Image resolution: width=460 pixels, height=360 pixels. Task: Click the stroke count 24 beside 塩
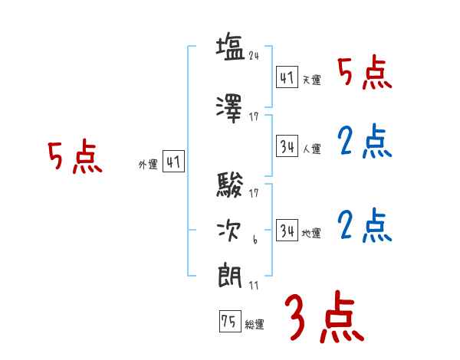[255, 56]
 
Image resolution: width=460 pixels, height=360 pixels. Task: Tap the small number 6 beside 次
[255, 241]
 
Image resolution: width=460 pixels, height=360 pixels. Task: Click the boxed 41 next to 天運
[287, 78]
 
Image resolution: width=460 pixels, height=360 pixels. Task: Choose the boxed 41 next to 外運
[173, 162]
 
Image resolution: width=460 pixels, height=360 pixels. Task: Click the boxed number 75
[228, 322]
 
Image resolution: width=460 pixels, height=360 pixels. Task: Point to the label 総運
[255, 325]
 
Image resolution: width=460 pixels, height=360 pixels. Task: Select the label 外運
[148, 164]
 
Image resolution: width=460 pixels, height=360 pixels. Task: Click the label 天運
[312, 80]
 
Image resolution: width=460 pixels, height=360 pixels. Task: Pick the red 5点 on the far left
[74, 157]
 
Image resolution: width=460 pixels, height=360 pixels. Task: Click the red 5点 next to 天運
[365, 73]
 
